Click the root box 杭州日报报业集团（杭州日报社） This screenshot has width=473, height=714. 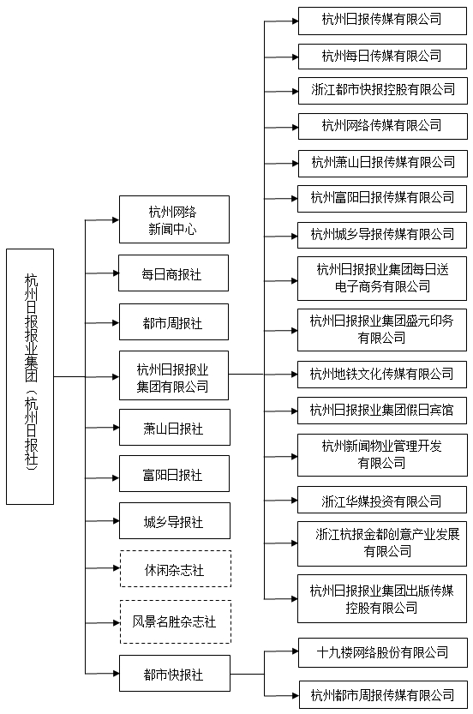(x=30, y=376)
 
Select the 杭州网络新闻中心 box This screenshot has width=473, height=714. (x=174, y=219)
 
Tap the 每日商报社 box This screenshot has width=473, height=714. (x=173, y=273)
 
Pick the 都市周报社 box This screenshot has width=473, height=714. (x=174, y=322)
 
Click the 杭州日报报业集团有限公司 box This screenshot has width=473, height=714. (x=174, y=375)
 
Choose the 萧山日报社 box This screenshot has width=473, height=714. (x=175, y=427)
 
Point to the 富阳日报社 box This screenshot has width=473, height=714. (x=174, y=473)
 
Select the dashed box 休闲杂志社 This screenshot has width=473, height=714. (x=176, y=569)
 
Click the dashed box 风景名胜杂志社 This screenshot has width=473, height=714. (x=176, y=622)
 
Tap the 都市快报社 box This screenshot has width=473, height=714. (x=175, y=674)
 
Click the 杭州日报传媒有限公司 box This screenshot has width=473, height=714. (x=382, y=21)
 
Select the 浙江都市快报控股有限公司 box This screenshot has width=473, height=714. (x=383, y=91)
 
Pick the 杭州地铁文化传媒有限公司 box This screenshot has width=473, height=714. (x=382, y=375)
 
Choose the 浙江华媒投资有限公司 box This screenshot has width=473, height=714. (x=382, y=500)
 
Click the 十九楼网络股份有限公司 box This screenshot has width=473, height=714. (x=383, y=653)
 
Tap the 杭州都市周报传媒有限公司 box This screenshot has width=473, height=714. (x=383, y=694)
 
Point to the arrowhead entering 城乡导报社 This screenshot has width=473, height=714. (x=116, y=520)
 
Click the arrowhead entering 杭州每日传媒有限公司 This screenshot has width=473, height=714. (x=295, y=57)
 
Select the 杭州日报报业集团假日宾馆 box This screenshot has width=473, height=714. (x=382, y=411)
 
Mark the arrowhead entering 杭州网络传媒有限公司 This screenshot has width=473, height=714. (x=295, y=127)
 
